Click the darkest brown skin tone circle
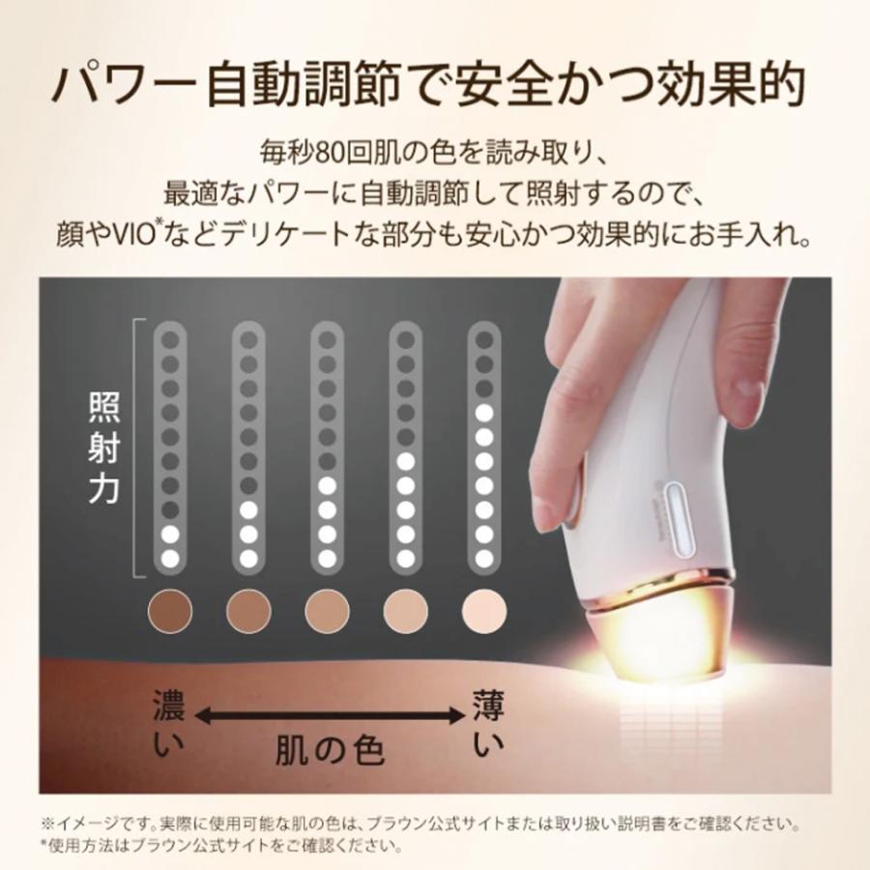pos(171,609)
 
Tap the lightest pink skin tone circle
pos(484,609)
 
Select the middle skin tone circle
pos(328,609)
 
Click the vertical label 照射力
pos(103,448)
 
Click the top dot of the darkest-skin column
pos(171,338)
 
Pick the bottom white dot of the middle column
pos(328,558)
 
